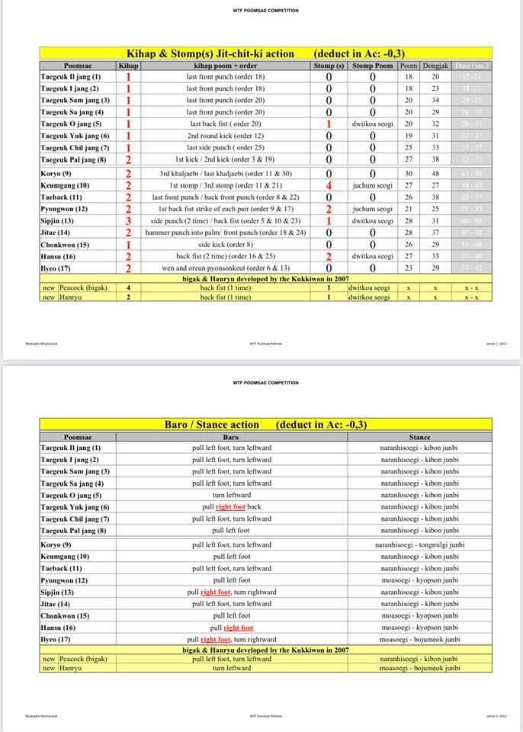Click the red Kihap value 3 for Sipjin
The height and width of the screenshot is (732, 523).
point(128,221)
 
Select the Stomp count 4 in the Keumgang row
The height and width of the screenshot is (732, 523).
point(329,185)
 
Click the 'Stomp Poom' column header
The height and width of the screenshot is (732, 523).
point(373,66)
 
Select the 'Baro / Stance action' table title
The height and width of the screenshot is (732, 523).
point(211,425)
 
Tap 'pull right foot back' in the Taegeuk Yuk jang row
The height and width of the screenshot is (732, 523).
point(232,507)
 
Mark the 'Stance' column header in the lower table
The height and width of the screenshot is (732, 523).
point(419,437)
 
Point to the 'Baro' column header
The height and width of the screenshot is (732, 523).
point(231,437)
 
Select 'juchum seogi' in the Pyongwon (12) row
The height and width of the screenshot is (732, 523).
point(373,209)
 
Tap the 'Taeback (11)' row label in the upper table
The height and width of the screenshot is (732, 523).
point(60,197)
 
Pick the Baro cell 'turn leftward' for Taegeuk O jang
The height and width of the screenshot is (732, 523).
point(231,495)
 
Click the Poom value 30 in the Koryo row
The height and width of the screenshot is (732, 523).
point(409,173)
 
